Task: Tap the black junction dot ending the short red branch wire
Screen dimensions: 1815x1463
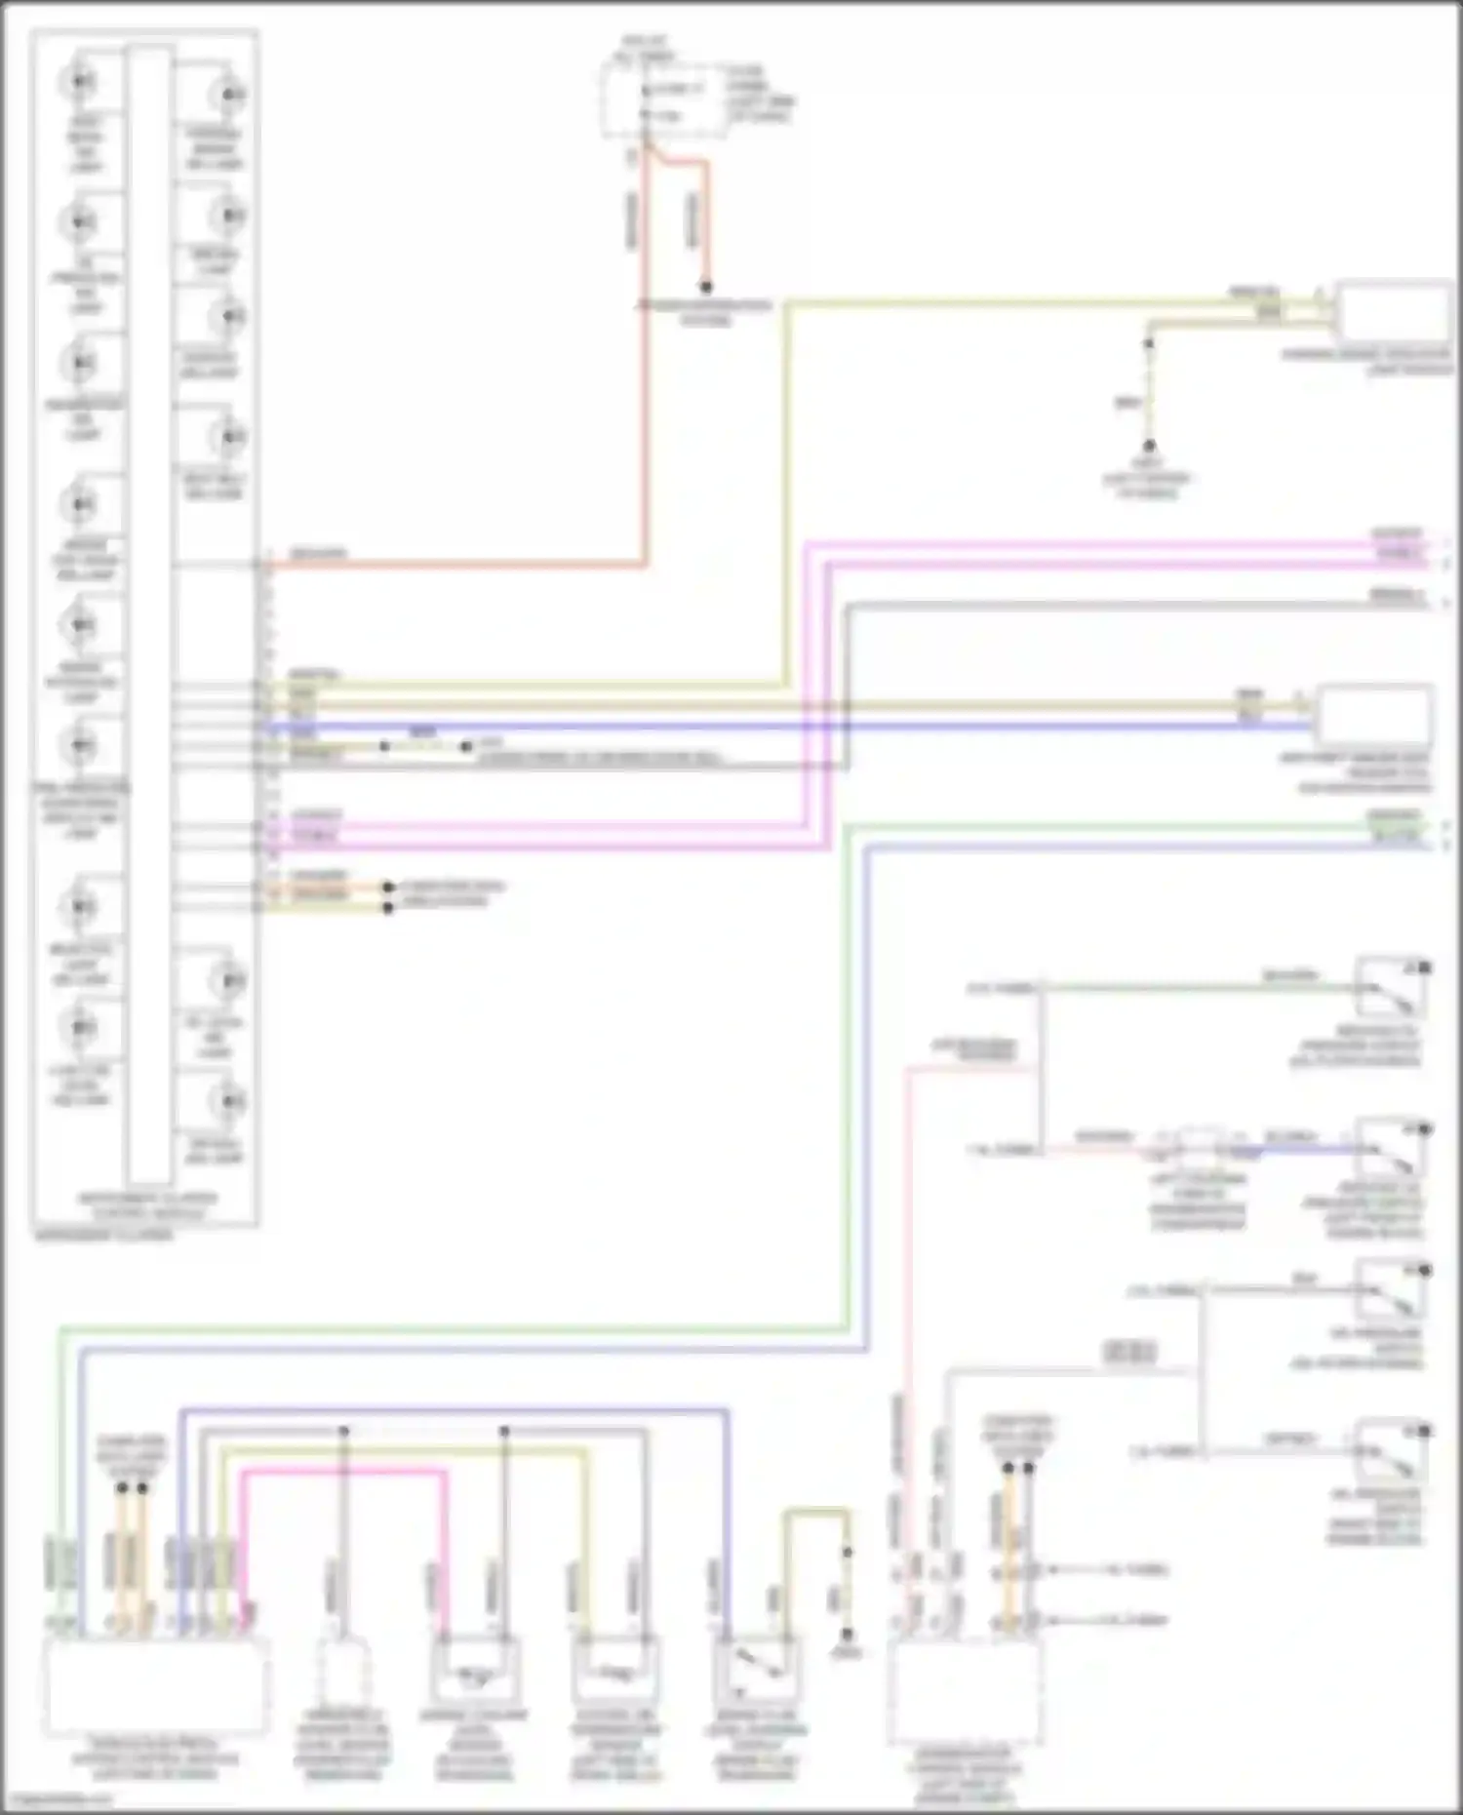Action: [x=705, y=287]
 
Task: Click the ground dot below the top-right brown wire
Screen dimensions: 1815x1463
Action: [x=1149, y=446]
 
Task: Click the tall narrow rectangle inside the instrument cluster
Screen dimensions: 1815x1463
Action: [x=148, y=614]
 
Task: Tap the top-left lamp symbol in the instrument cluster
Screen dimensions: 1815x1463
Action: [x=79, y=81]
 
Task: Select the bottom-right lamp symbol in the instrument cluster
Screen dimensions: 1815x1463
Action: [x=229, y=1101]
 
